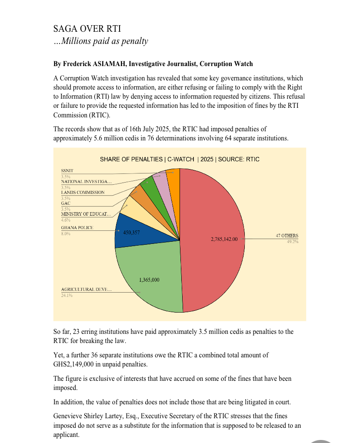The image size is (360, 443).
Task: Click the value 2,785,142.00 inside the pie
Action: click(224, 239)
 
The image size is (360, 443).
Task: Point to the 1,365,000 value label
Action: click(149, 280)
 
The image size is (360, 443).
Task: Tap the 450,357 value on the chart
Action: click(131, 233)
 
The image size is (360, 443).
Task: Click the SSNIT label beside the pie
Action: click(67, 171)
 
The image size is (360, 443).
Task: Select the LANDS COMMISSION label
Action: click(83, 193)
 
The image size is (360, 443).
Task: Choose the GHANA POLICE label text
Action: click(77, 228)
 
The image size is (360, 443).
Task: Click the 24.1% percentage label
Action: click(67, 296)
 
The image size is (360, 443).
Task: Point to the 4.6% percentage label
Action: click(66, 220)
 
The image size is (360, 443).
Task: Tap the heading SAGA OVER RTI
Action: click(87, 29)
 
